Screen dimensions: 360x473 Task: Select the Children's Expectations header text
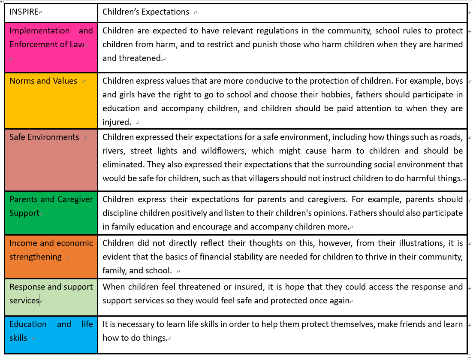click(x=146, y=12)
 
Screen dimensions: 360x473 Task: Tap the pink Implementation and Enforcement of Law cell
click(x=51, y=47)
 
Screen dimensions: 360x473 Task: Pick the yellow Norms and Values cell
click(x=51, y=101)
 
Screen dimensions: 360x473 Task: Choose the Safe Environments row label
click(x=45, y=137)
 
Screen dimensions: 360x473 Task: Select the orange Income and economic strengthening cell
click(x=51, y=256)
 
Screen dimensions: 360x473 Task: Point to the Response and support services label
click(x=51, y=293)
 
